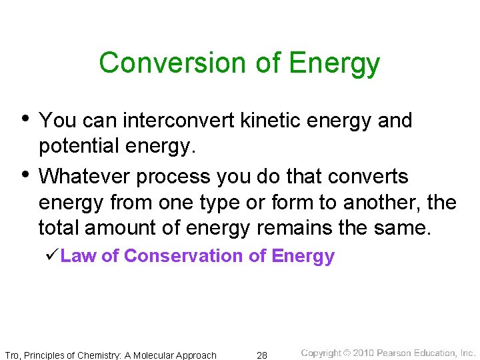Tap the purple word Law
pyautogui.click(x=77, y=256)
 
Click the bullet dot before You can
pyautogui.click(x=25, y=119)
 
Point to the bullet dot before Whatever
pyautogui.click(x=25, y=175)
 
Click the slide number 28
pyautogui.click(x=262, y=355)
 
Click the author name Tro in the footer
pyautogui.click(x=12, y=355)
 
